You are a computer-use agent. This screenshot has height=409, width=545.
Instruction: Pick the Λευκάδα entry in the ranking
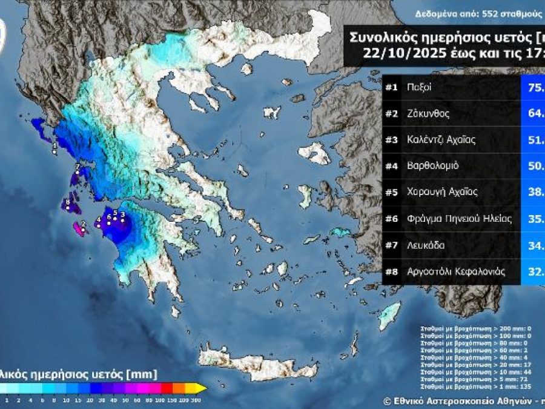[x=426, y=245]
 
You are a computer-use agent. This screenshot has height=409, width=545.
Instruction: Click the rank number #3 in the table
[x=391, y=140]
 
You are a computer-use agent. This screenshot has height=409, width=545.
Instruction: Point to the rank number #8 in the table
[x=391, y=271]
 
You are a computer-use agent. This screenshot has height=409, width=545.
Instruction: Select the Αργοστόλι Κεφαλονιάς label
[x=455, y=271]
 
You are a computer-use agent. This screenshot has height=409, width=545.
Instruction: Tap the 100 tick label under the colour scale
[x=160, y=400]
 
